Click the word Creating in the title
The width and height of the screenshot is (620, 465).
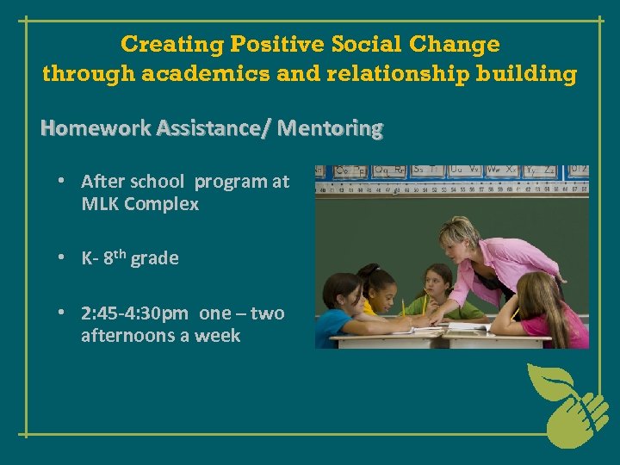[x=158, y=44]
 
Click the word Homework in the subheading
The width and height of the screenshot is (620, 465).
[x=96, y=129]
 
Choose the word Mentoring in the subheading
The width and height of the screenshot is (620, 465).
[x=331, y=129]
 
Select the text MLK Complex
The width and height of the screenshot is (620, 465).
[x=139, y=204]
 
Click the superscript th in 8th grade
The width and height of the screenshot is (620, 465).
[x=121, y=254]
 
